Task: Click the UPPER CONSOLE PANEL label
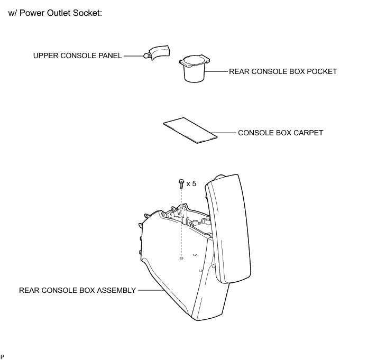pyautogui.click(x=78, y=55)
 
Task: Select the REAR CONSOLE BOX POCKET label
pyautogui.click(x=283, y=71)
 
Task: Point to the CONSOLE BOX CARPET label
pyautogui.click(x=280, y=133)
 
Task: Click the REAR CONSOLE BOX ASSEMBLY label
pyautogui.click(x=77, y=290)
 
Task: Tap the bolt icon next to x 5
pyautogui.click(x=181, y=184)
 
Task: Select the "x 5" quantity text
pyautogui.click(x=191, y=184)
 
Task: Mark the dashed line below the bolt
pyautogui.click(x=181, y=222)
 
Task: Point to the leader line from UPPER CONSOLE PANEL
pyautogui.click(x=133, y=55)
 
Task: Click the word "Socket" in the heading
pyautogui.click(x=87, y=12)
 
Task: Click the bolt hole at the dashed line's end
pyautogui.click(x=181, y=259)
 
